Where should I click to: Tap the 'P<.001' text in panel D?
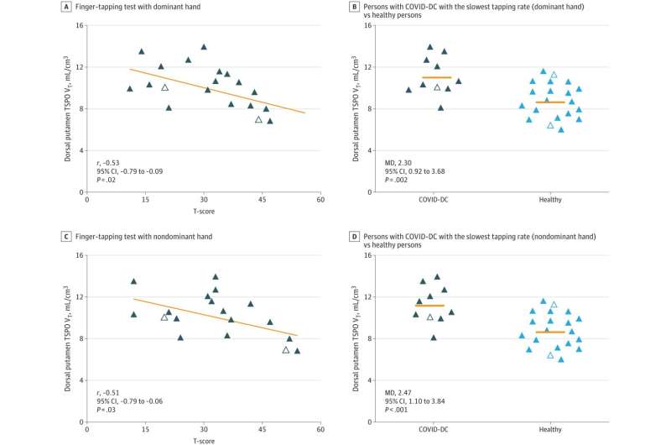pos(398,410)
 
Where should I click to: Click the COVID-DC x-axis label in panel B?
pos(434,200)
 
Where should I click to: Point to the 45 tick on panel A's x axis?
pos(263,200)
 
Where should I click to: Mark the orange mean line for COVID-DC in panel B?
pos(436,77)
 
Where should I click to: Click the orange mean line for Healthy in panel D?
pos(550,332)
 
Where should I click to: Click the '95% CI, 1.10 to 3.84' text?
pos(420,401)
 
